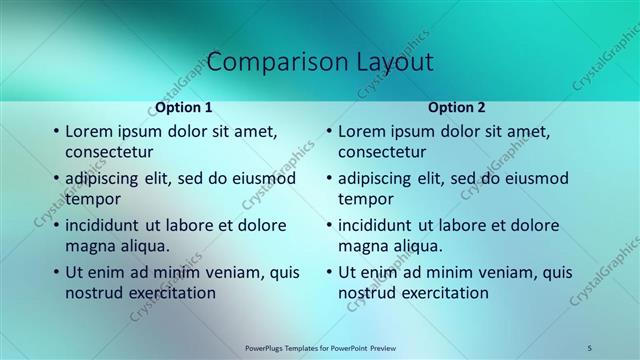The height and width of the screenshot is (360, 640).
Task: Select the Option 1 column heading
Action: pyautogui.click(x=183, y=107)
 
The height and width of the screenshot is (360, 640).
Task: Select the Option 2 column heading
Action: pyautogui.click(x=456, y=107)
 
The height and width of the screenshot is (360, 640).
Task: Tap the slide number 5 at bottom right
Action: pyautogui.click(x=590, y=348)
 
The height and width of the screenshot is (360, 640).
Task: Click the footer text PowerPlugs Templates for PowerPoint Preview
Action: pyautogui.click(x=320, y=348)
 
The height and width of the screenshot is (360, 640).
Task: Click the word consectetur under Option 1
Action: pyautogui.click(x=108, y=152)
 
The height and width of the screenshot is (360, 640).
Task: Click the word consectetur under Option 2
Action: pyautogui.click(x=381, y=152)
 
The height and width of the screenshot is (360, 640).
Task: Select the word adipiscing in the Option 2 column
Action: pyautogui.click(x=375, y=178)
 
